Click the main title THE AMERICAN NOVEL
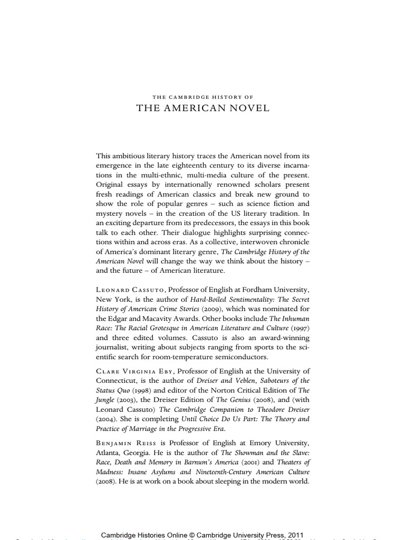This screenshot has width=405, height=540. click(202, 108)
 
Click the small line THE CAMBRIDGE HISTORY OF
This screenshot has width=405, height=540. click(202, 97)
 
